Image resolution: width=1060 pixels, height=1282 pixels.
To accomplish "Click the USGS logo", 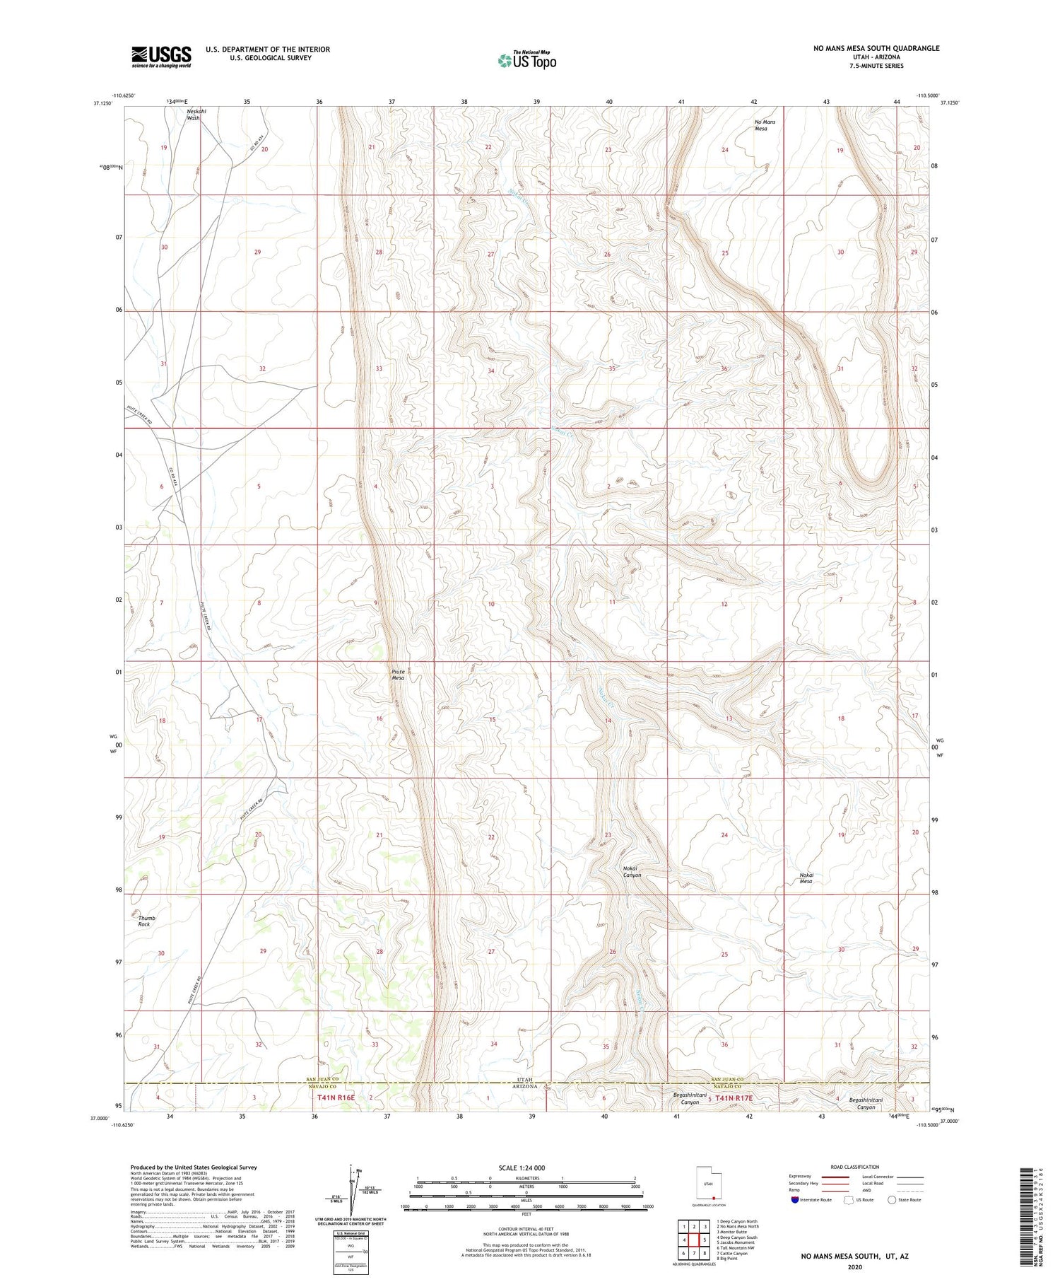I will tap(161, 57).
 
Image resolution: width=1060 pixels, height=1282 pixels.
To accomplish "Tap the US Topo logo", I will tap(526, 60).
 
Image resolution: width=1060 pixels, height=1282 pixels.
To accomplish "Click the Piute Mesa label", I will tap(398, 675).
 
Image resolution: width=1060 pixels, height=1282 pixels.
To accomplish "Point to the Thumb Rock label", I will tap(146, 921).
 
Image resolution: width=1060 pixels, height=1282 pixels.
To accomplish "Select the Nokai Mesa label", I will tap(806, 878).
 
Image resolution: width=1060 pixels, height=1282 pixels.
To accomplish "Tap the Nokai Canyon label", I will tap(631, 871).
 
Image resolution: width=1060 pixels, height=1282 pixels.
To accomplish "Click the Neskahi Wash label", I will tap(193, 115).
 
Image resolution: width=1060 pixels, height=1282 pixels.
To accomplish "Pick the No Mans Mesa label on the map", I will tap(765, 125).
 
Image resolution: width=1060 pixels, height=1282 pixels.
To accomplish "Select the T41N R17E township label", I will tap(734, 1098).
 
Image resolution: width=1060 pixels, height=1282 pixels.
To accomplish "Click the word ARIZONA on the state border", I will tap(524, 1086).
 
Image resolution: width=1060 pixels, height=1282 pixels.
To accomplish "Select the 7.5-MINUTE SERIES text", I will tap(876, 66).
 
